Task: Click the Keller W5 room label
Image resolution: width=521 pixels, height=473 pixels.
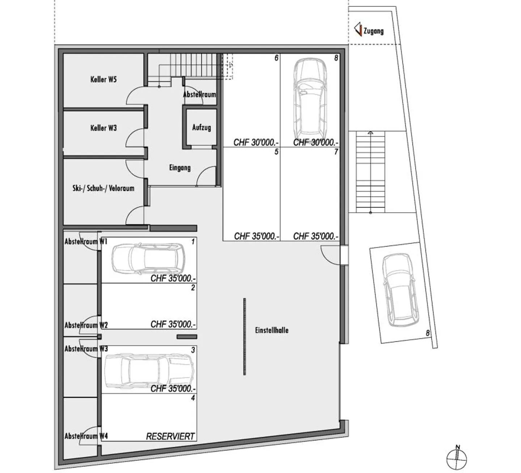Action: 103,80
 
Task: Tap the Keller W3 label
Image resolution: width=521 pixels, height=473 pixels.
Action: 103,128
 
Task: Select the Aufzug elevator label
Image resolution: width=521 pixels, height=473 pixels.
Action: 202,128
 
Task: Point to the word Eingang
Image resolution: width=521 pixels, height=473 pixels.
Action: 180,168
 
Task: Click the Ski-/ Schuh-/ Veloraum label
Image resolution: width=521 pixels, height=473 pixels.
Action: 103,188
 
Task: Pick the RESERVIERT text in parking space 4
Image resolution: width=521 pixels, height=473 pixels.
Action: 170,436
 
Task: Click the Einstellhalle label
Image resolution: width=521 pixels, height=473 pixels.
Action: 272,330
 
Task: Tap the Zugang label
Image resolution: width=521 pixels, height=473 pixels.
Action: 373,31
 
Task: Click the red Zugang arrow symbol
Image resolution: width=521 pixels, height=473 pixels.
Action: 358,29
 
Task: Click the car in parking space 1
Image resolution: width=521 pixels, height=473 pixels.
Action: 149,259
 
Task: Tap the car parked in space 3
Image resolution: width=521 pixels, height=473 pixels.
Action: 149,371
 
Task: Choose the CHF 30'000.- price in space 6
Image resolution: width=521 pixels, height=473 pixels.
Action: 256,142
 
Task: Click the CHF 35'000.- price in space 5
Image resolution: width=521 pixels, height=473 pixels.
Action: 257,236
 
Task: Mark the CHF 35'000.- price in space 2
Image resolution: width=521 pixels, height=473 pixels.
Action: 173,324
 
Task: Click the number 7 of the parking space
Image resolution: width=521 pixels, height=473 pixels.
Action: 336,152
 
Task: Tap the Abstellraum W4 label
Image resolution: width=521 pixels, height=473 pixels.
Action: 86,436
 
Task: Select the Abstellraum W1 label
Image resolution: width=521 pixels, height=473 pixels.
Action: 86,242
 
